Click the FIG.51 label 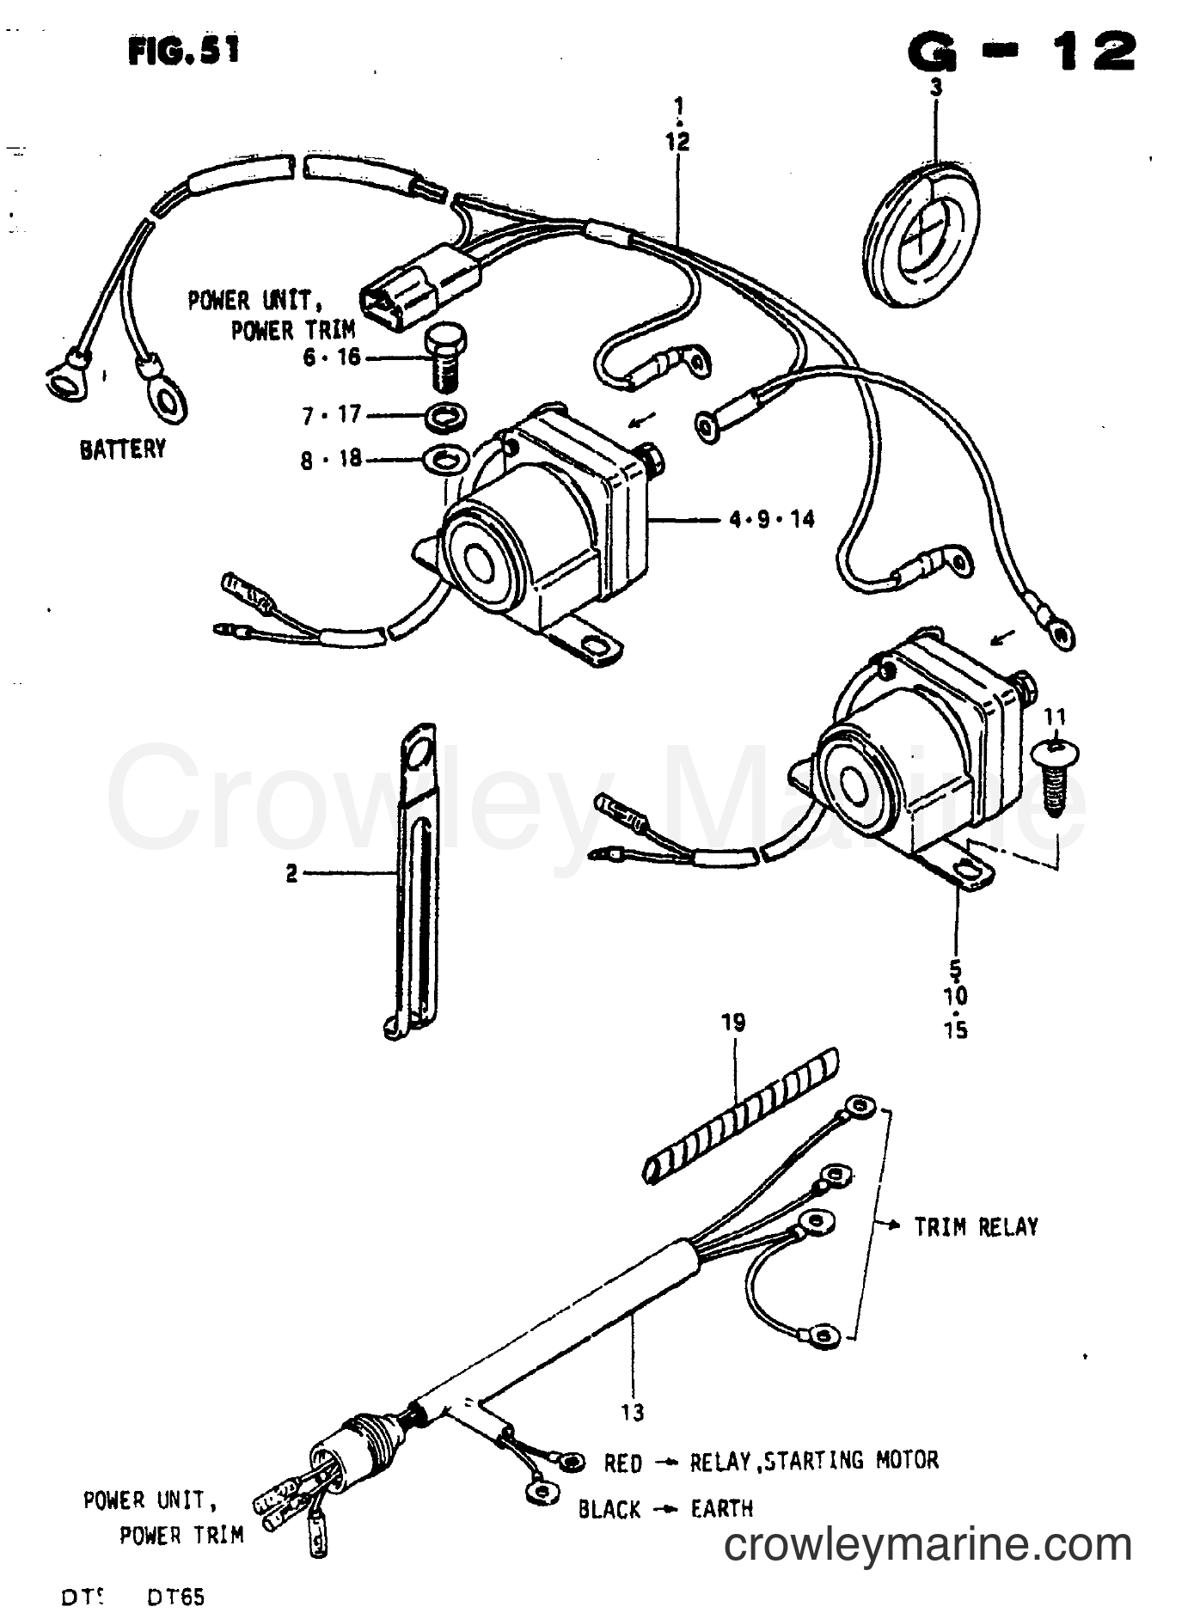click(184, 52)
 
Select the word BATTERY click(123, 449)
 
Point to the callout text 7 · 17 click(331, 416)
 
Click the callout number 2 click(292, 874)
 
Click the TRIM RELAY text click(976, 1226)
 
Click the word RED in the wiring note click(622, 1463)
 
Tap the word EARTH click(722, 1509)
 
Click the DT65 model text click(176, 1598)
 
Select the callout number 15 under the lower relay click(956, 1029)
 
